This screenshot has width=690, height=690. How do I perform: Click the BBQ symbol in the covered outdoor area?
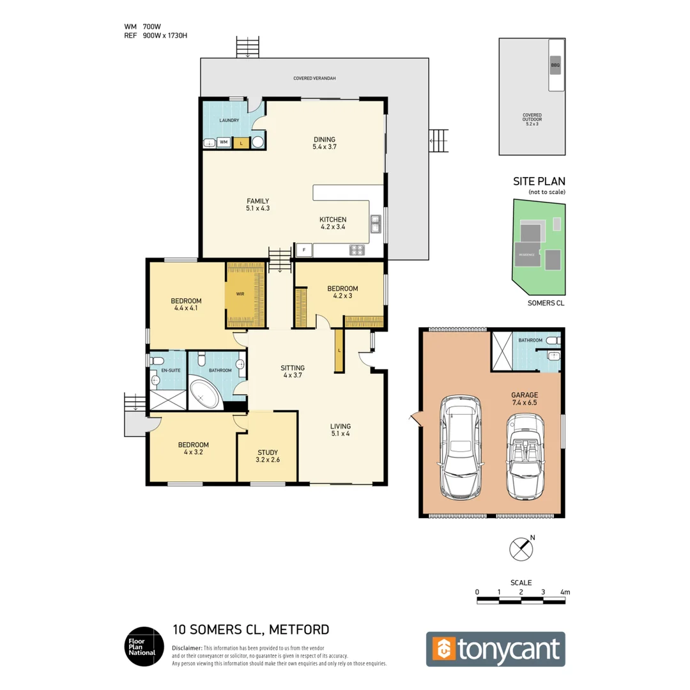pos(555,65)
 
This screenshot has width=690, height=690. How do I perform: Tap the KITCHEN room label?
pos(333,220)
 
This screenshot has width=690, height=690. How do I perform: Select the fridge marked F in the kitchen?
pos(303,250)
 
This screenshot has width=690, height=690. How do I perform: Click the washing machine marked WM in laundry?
pos(224,142)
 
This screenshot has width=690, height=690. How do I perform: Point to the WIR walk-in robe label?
pos(240,295)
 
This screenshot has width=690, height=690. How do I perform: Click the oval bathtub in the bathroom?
pos(205,395)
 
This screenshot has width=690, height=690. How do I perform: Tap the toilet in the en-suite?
pos(157,361)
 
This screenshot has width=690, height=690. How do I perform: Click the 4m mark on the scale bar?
pos(564,593)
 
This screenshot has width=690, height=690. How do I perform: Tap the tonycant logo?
pos(496,649)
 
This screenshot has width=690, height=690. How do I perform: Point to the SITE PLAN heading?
pos(539,181)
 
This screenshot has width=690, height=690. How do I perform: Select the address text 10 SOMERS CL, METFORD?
pos(251,629)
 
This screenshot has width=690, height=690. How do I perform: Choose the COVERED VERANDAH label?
pos(314,78)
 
